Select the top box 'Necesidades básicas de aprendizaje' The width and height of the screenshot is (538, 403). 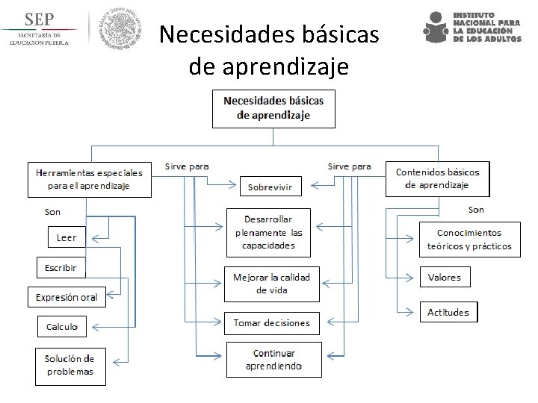pos(273,109)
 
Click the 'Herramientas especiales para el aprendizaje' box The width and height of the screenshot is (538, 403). pos(90,179)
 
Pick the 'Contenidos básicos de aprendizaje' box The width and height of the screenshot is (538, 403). pos(437,178)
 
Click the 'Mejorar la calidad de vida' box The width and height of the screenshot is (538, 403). pos(271,284)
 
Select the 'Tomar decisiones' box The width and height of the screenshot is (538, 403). pos(271,323)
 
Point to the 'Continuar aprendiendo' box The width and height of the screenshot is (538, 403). pos(274,360)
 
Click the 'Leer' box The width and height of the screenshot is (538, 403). pos(67,238)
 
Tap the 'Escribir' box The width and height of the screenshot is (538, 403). pos(61,267)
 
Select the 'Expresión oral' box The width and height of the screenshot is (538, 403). pos(67,297)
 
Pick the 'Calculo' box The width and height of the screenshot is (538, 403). pos(62,326)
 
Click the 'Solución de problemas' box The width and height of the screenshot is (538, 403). pos(70,365)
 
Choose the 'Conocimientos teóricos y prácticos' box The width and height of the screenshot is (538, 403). pos(469,240)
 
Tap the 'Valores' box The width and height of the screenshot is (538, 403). pos(445,278)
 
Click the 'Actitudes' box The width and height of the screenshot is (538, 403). pos(448,312)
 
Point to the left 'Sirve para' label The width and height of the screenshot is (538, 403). pos(187,166)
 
